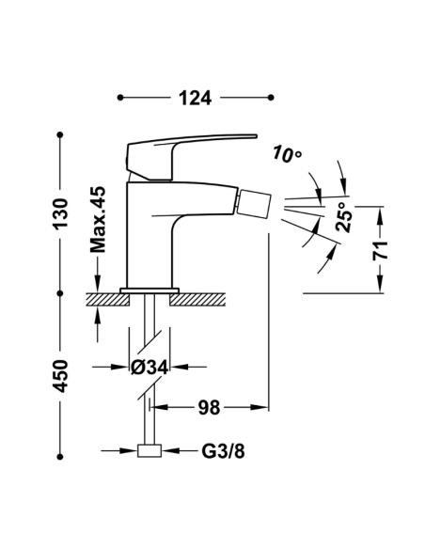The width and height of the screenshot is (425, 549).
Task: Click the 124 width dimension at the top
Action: [x=195, y=97]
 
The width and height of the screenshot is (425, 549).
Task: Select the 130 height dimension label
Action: [x=61, y=215]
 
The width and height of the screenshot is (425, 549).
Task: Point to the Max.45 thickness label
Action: [x=98, y=222]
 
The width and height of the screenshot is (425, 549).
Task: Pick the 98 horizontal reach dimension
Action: [x=210, y=408]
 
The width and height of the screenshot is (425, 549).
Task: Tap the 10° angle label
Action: [x=287, y=153]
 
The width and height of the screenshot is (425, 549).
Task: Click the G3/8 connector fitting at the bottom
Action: [x=149, y=451]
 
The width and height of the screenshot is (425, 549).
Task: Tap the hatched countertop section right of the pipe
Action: [x=199, y=298]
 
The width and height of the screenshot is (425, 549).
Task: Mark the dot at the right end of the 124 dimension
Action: [x=270, y=97]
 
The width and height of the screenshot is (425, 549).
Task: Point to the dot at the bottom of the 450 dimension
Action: [x=61, y=450]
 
